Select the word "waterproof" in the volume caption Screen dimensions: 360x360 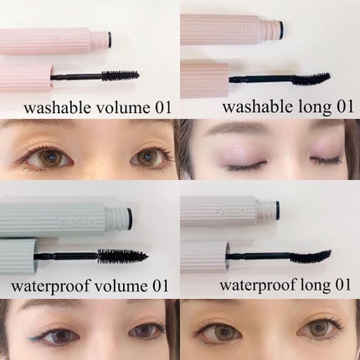(x=50, y=287)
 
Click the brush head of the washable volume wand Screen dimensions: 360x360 (x=120, y=75)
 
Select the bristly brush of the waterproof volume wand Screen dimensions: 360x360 (x=122, y=256)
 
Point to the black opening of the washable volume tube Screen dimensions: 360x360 (x=110, y=39)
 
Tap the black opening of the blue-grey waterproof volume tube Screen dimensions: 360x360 (x=129, y=219)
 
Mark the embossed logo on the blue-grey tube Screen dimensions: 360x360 (x=79, y=223)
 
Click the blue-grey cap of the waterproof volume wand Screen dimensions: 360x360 (x=19, y=256)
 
